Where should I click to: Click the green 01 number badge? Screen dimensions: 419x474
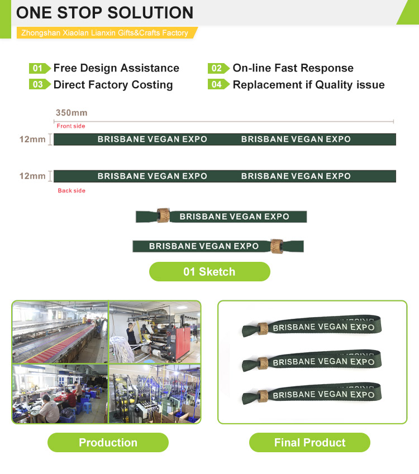pyautogui.click(x=40, y=68)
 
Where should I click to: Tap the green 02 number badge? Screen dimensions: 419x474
pyautogui.click(x=218, y=68)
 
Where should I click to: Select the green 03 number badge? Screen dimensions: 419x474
pyautogui.click(x=40, y=84)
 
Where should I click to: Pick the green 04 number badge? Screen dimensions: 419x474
pyautogui.click(x=218, y=84)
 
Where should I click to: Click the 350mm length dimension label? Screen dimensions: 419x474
pyautogui.click(x=72, y=113)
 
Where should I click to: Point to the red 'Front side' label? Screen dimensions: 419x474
pyautogui.click(x=71, y=126)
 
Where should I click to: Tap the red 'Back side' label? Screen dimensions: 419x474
pyautogui.click(x=72, y=191)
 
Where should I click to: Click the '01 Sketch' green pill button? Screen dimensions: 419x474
pyautogui.click(x=209, y=272)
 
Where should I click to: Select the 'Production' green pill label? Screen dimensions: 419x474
pyautogui.click(x=108, y=443)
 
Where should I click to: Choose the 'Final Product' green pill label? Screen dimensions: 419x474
pyautogui.click(x=310, y=443)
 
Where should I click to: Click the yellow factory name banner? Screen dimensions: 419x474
pyautogui.click(x=106, y=32)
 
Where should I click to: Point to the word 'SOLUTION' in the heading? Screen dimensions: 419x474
pyautogui.click(x=150, y=13)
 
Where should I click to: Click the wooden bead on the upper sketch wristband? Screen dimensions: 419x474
pyautogui.click(x=163, y=216)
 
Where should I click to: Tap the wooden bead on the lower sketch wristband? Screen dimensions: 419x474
pyautogui.click(x=277, y=246)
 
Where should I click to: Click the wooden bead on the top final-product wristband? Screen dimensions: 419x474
pyautogui.click(x=263, y=329)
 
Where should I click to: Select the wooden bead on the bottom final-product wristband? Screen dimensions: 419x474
pyautogui.click(x=263, y=396)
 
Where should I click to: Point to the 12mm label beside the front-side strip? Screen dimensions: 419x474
pyautogui.click(x=32, y=140)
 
